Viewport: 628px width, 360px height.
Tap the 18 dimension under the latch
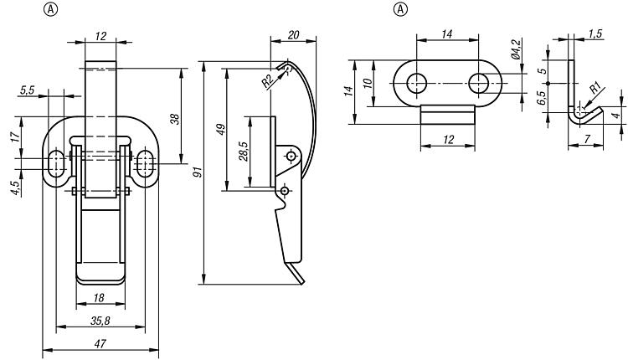(x=100, y=296)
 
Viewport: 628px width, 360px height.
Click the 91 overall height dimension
(x=198, y=172)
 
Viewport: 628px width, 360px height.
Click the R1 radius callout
(x=593, y=88)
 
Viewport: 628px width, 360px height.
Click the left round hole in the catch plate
(x=417, y=82)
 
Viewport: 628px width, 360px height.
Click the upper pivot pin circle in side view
(x=291, y=156)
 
